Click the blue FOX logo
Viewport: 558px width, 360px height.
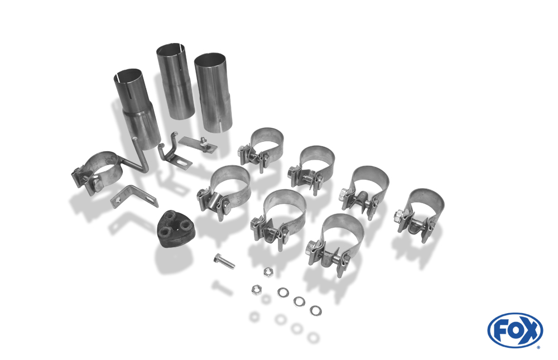[515, 330]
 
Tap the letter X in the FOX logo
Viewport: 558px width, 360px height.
[530, 331]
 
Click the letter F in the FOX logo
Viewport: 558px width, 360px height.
[501, 331]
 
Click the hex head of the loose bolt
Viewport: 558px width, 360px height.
[217, 257]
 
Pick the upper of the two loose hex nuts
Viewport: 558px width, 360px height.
[268, 272]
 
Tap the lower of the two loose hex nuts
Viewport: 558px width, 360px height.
[256, 290]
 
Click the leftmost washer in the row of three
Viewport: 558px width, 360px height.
[283, 292]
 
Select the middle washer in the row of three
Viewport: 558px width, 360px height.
[299, 301]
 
